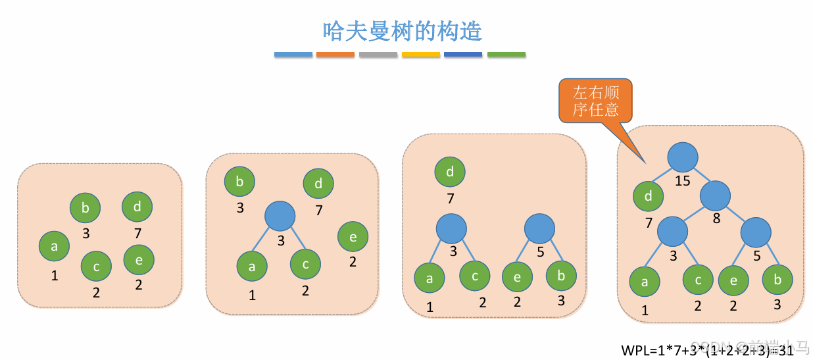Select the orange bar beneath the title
(335, 55)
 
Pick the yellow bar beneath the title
(421, 55)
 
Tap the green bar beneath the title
(506, 55)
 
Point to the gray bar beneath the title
(378, 55)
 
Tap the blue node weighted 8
(716, 196)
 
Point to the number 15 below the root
(682, 180)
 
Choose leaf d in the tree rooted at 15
(649, 196)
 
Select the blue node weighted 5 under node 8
(756, 232)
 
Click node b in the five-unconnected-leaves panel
(86, 208)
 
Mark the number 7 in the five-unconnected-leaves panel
(137, 233)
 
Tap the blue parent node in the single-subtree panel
(280, 216)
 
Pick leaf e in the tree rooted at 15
(733, 280)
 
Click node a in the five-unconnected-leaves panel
(55, 247)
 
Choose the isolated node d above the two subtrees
(450, 172)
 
